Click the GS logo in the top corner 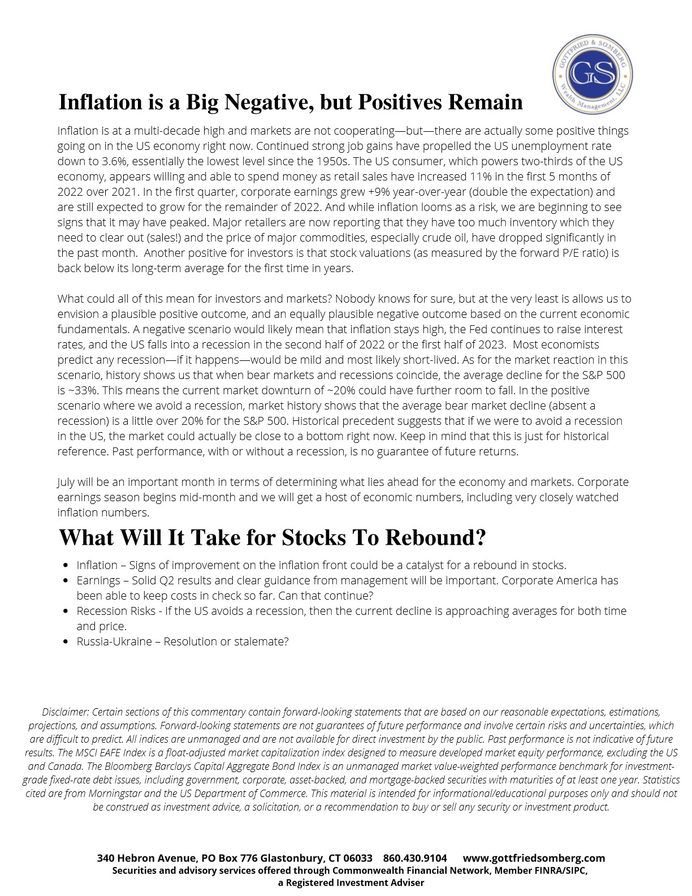[x=592, y=74]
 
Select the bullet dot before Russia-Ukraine [x=66, y=641]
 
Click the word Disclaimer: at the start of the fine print [x=66, y=712]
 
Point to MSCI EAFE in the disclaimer [x=101, y=752]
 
